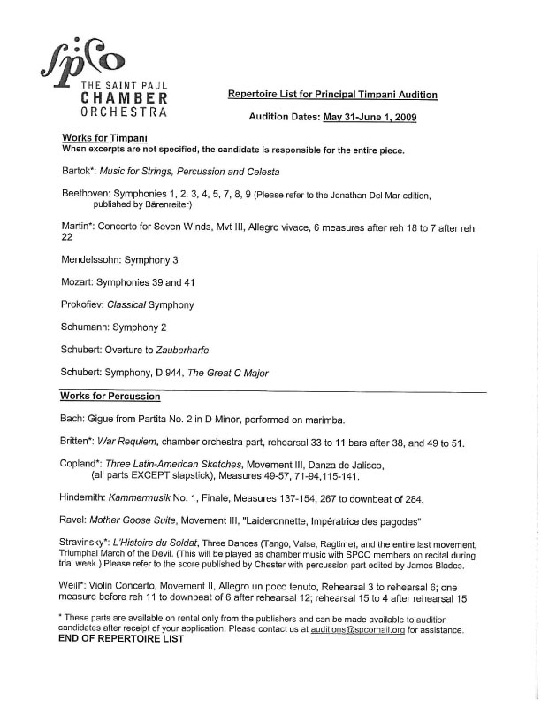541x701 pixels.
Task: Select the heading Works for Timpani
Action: click(x=104, y=138)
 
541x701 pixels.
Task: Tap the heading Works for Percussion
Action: click(x=110, y=395)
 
